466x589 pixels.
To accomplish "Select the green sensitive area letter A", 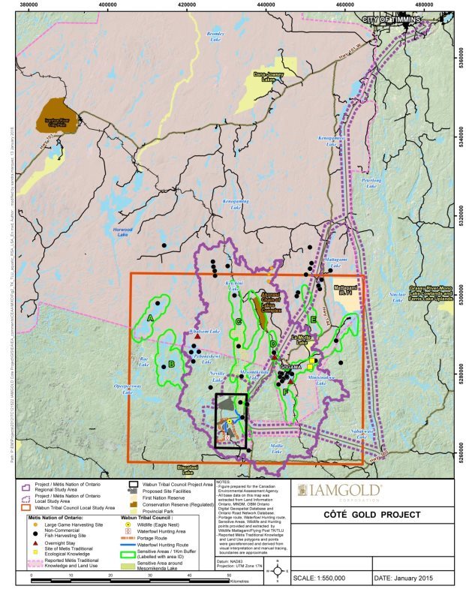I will [x=151, y=317].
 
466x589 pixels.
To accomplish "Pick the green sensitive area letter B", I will [x=172, y=364].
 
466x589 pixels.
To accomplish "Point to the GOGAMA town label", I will [x=289, y=366].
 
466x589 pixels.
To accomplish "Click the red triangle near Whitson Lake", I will [x=197, y=338].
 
